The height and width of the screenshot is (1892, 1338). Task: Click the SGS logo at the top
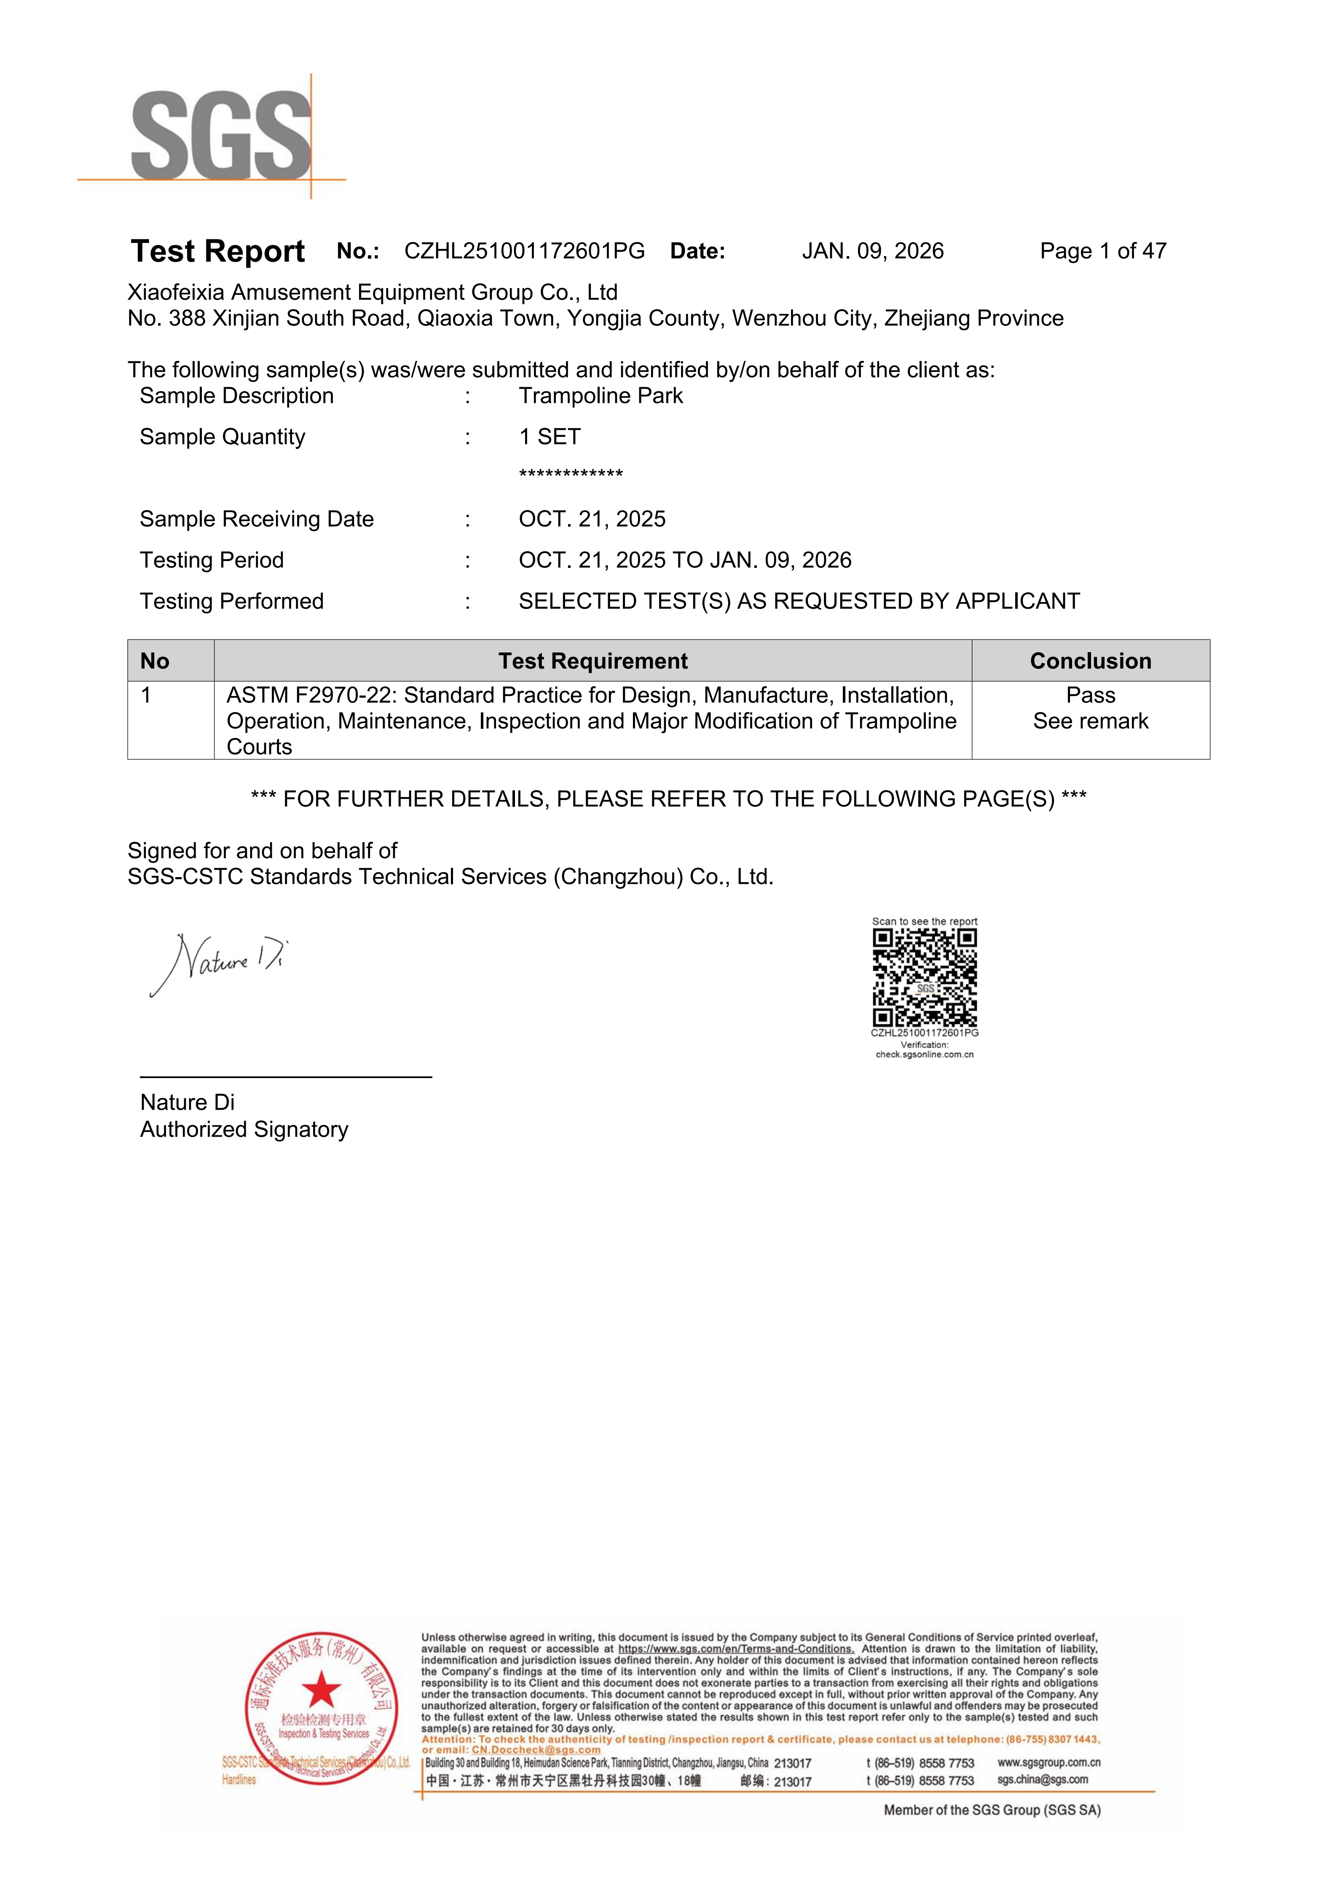click(221, 136)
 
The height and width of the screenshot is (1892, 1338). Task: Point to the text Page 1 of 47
click(1102, 252)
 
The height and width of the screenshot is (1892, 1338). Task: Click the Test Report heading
click(217, 252)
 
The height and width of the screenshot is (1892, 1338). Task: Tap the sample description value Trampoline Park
click(600, 396)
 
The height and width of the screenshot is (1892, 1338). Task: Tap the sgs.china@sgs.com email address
click(1042, 1780)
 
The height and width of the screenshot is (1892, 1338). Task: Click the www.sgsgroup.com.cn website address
click(1048, 1763)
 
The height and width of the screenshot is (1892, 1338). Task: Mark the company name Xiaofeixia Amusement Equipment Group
click(372, 292)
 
